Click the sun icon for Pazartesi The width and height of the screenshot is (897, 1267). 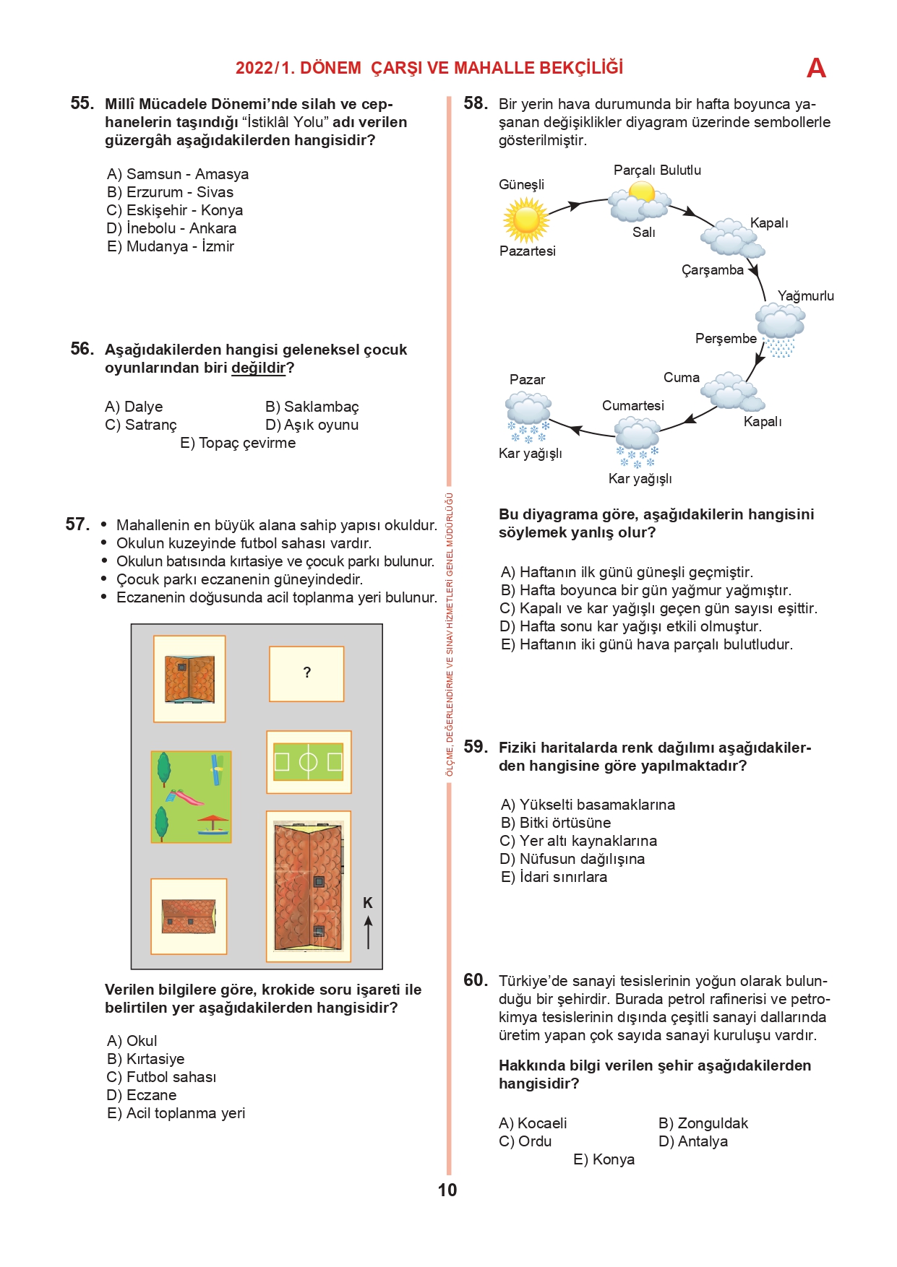click(x=526, y=220)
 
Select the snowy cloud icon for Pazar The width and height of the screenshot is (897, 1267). click(x=528, y=418)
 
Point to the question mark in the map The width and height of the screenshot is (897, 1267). click(x=307, y=673)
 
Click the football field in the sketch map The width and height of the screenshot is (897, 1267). click(x=308, y=762)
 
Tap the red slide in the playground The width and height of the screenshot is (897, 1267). click(x=188, y=797)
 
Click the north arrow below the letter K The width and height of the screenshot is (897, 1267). click(x=369, y=932)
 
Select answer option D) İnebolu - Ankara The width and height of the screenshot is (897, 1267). click(x=171, y=228)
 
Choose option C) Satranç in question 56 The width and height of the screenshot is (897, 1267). click(x=141, y=425)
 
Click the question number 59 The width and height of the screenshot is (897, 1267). click(x=476, y=747)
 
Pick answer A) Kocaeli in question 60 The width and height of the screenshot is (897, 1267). click(x=533, y=1123)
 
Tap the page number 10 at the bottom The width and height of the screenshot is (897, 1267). click(x=447, y=1190)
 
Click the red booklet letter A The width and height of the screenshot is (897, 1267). click(x=816, y=68)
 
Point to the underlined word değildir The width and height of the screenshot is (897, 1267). click(x=259, y=368)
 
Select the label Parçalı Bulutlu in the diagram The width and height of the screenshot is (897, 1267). click(x=657, y=170)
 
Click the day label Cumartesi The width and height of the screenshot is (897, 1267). click(x=633, y=406)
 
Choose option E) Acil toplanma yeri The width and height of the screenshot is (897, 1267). click(x=176, y=1113)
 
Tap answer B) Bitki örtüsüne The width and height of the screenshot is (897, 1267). click(x=556, y=823)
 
